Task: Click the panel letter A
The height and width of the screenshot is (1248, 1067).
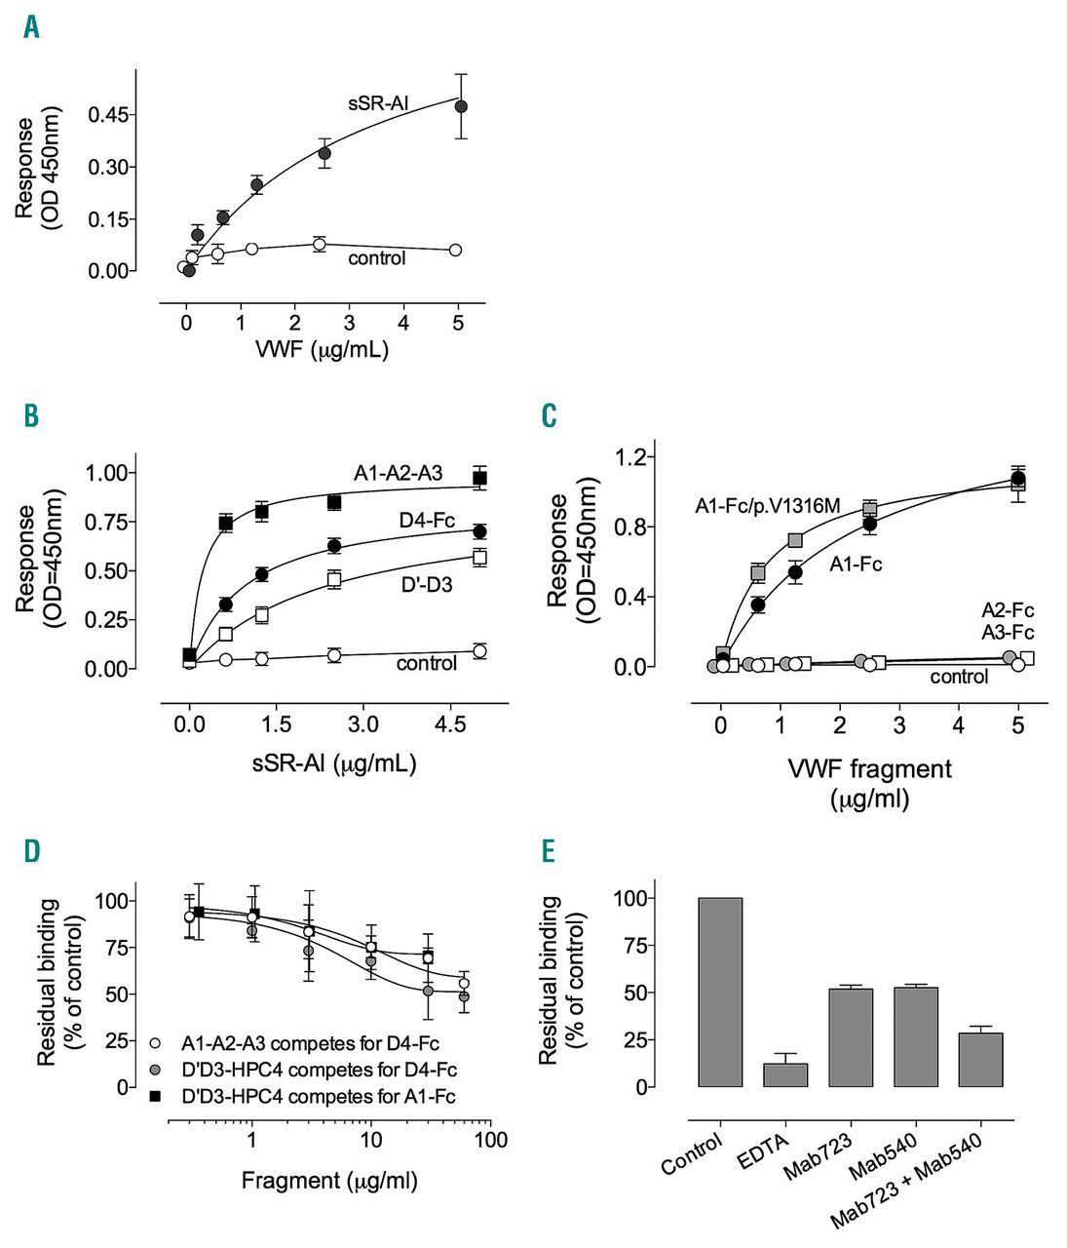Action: coord(32,27)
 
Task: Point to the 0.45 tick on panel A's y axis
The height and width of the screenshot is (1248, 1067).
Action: coord(108,115)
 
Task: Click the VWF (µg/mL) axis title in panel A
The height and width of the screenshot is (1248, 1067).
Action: coord(322,350)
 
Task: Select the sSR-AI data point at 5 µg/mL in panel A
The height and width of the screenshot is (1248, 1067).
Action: coord(461,106)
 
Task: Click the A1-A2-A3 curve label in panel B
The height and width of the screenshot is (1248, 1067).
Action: coord(398,474)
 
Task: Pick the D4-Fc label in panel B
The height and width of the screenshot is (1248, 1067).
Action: coord(427,521)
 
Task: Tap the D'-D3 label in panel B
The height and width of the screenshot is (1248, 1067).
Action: coord(426,586)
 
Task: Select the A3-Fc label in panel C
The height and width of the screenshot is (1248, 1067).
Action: coord(1008,632)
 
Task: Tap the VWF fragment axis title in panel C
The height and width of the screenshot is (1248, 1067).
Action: coord(869,769)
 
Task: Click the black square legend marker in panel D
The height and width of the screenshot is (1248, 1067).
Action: coord(155,1097)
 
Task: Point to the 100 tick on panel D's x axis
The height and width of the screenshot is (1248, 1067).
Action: coord(490,1140)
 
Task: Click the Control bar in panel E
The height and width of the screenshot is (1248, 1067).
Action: coord(720,992)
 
